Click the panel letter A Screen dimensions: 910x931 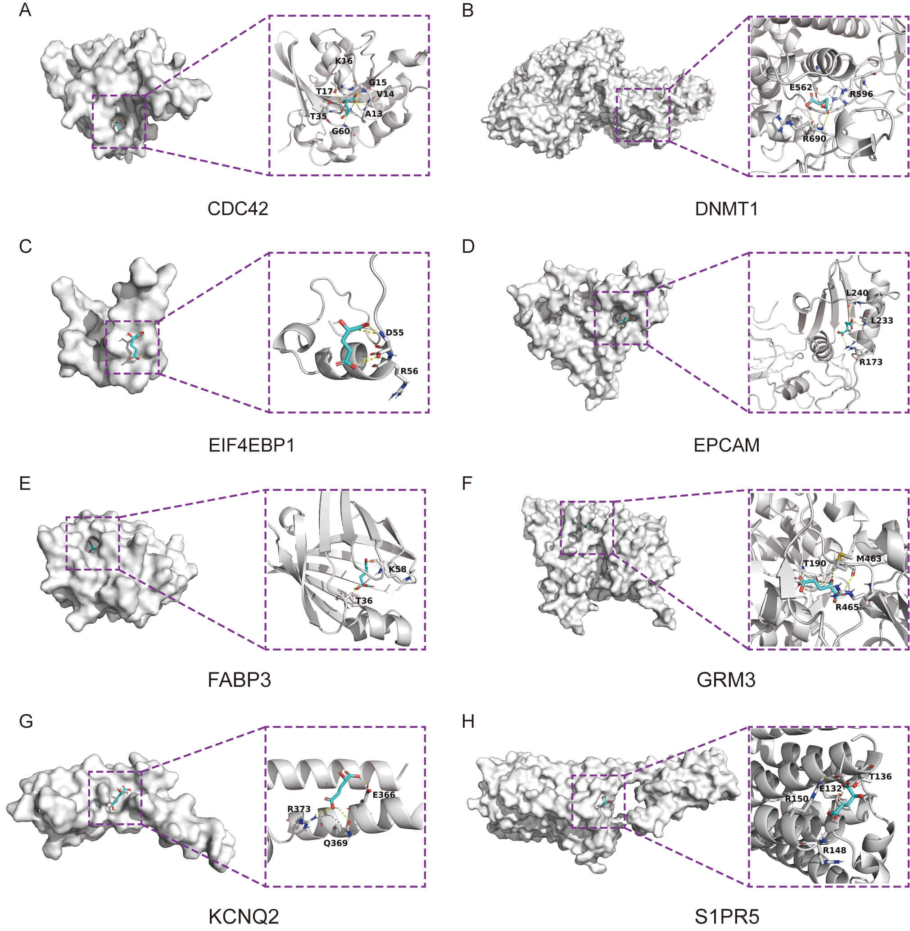click(25, 10)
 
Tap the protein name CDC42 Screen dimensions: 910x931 click(238, 209)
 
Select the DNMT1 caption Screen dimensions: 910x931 click(726, 209)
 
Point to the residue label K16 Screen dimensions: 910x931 click(344, 61)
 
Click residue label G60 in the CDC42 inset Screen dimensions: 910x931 click(341, 131)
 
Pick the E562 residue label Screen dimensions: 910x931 click(801, 87)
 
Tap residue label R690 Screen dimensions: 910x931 click(815, 139)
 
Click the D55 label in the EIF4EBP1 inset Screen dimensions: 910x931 click(395, 332)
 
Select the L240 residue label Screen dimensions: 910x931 click(857, 293)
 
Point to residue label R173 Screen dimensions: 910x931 click(871, 362)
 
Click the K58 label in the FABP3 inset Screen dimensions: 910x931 click(397, 569)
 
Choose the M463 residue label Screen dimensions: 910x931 click(869, 558)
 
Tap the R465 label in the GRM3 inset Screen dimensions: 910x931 click(847, 607)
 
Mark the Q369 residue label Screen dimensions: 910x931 click(335, 843)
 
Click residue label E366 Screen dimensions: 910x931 click(384, 794)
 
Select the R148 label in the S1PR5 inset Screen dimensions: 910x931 click(834, 850)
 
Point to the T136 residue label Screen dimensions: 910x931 click(880, 776)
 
